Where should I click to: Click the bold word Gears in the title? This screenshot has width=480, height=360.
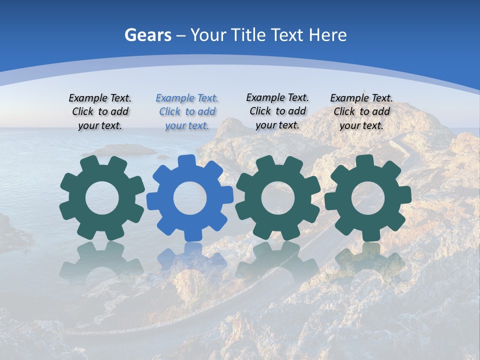[147, 35]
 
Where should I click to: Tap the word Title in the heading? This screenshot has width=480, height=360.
[249, 35]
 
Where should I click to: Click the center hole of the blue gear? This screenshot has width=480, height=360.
[189, 198]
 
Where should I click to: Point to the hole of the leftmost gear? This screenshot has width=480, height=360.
[102, 198]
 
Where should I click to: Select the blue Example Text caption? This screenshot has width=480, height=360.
[187, 111]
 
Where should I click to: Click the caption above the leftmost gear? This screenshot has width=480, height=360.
[100, 111]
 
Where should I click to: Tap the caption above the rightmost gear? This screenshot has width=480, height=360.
[361, 111]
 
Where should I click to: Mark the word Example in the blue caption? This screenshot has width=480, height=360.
[174, 98]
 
